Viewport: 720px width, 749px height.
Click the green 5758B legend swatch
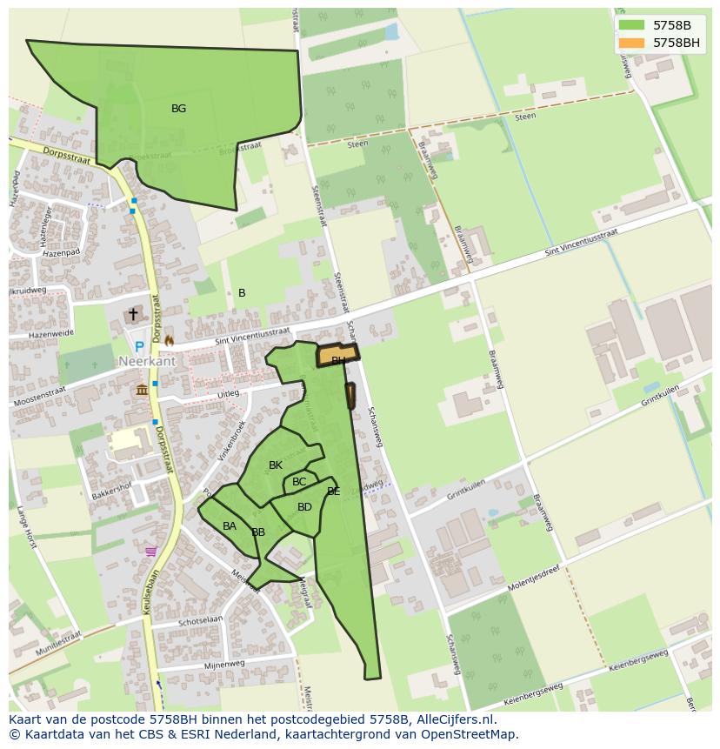pos(631,24)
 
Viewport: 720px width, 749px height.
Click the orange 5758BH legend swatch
pos(631,42)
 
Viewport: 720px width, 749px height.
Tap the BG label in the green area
pos(178,109)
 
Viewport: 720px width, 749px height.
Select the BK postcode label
pos(276,465)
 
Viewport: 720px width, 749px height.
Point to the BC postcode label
pos(299,482)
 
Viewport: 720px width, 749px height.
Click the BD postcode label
pos(304,507)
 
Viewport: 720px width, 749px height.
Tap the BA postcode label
pos(230,526)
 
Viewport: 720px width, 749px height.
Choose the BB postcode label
pos(258,532)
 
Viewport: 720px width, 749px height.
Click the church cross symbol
pos(133,314)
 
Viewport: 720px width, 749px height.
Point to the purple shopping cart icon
pos(151,551)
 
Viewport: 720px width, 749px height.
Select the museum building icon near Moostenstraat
pos(141,390)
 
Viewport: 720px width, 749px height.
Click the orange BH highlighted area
pos(337,355)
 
